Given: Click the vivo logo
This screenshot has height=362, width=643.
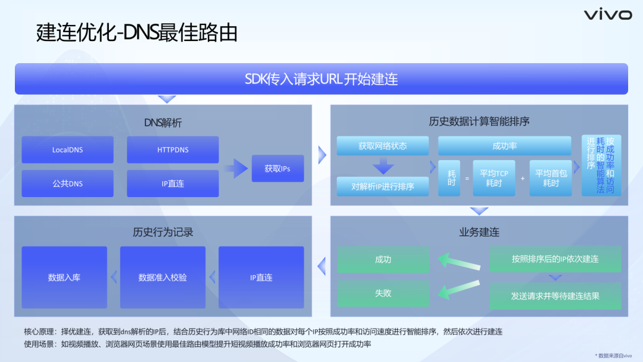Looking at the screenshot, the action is (x=607, y=15).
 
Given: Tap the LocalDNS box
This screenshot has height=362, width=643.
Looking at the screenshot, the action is (x=67, y=150).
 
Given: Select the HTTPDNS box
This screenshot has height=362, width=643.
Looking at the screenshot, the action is (x=173, y=150).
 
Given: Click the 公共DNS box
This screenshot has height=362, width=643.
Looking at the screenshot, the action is (x=67, y=183).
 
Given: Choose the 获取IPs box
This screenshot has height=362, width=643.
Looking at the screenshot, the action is (x=277, y=168).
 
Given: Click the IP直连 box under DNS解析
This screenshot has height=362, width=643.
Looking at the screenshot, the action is (x=173, y=183).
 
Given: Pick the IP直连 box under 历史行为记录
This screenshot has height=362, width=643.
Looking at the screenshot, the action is (x=261, y=277).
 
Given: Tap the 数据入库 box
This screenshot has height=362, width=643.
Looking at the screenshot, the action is (x=64, y=277).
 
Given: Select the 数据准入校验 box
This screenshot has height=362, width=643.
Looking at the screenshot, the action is (x=163, y=277).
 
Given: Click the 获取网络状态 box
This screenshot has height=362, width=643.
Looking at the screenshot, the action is (x=382, y=146).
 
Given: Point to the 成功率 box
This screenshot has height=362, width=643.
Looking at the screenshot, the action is (x=505, y=146).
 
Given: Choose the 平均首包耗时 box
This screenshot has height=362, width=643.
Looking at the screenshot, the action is (x=551, y=178).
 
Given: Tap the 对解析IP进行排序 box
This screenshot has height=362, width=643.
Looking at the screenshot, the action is (x=382, y=186).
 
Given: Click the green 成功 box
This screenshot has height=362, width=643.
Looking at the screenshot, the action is (x=383, y=260).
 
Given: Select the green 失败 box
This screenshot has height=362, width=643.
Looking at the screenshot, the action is (x=383, y=293).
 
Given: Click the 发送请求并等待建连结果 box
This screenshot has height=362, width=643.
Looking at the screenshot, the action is (x=555, y=295).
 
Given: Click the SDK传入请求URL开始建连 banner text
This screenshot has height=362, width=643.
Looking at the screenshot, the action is (x=321, y=79).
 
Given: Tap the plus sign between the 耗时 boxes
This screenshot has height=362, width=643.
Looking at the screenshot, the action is (x=523, y=178).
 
